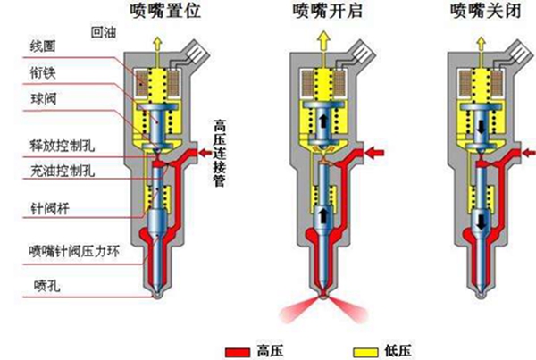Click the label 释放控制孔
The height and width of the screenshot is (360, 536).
[x=56, y=143]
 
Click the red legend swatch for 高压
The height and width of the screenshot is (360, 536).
[x=239, y=347]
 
